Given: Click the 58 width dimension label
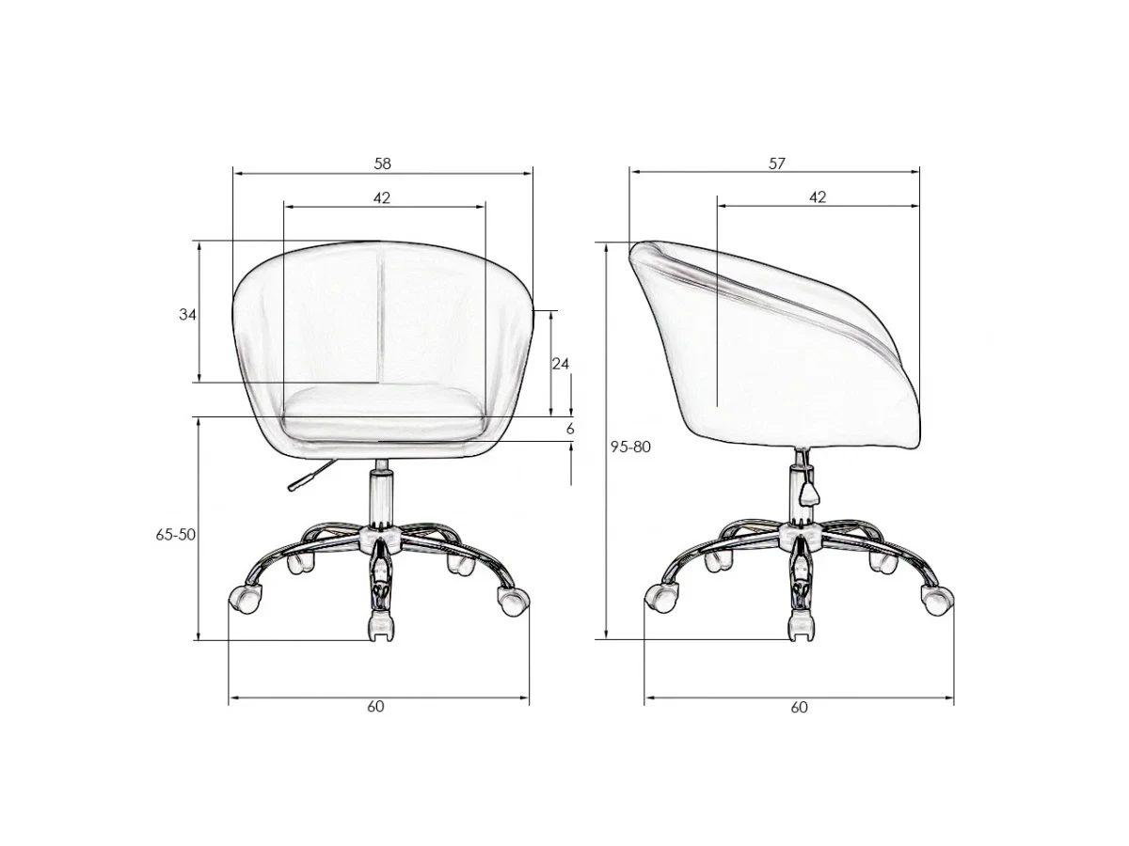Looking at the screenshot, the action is pos(382,164).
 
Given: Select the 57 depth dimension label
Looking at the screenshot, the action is pos(777,164).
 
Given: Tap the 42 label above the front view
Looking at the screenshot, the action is pos(381,197).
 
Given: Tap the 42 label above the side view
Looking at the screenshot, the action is pos(818,197).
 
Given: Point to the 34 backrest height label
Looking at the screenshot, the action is pos(187,314).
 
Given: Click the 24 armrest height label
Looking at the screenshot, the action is pos(560,364).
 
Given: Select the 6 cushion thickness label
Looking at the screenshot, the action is pos(570,429).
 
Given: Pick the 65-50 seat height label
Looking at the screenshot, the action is pos(175,535).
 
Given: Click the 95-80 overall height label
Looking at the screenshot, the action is pos(630,446).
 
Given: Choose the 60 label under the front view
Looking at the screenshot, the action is pos(375,706).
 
